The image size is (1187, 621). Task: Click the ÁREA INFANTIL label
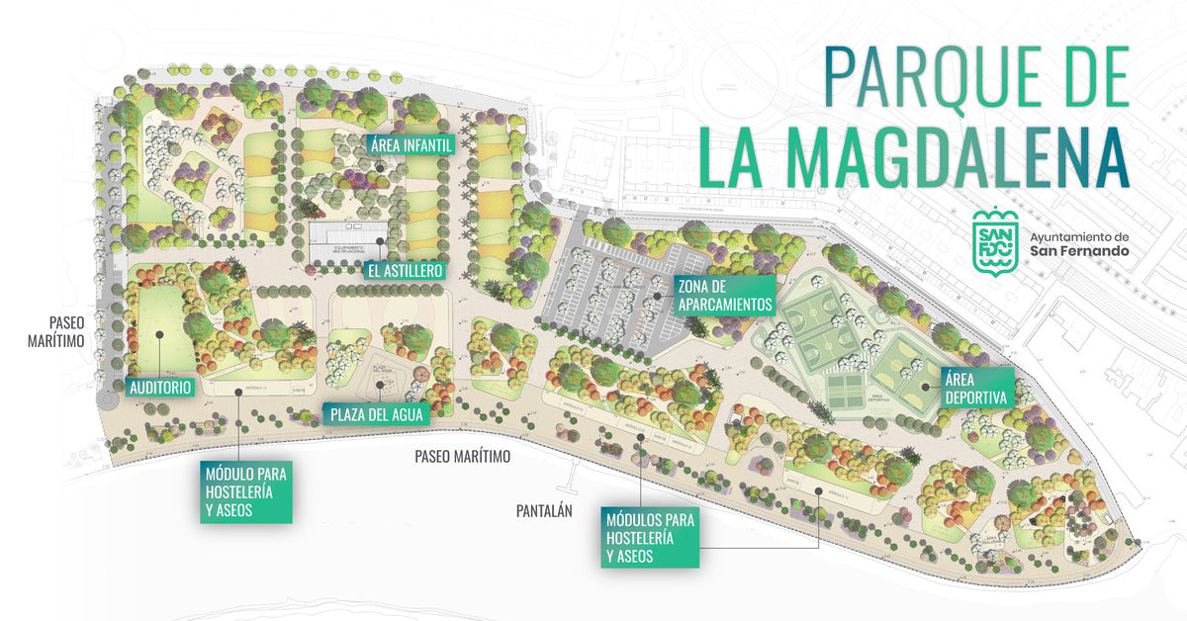click(x=411, y=145)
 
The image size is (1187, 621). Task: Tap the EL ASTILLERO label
click(x=403, y=270)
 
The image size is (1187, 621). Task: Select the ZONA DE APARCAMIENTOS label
click(x=724, y=295)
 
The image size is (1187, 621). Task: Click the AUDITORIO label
click(x=159, y=388)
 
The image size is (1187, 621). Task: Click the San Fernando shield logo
click(x=993, y=239)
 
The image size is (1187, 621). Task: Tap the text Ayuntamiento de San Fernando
click(x=1078, y=244)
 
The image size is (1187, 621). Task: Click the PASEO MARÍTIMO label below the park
click(x=462, y=457)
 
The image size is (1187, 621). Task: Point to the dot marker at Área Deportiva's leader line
click(x=925, y=388)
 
